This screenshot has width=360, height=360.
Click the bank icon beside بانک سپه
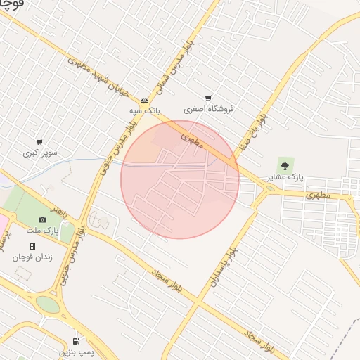tap(145, 100)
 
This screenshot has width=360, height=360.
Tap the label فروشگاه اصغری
tap(209, 109)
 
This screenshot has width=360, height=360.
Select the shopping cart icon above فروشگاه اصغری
tap(208, 98)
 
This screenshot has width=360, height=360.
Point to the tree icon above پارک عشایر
tap(285, 166)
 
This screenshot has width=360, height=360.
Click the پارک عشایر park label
tap(285, 178)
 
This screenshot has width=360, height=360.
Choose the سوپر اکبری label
tap(40, 152)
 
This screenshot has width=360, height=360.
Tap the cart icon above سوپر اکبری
tap(39, 142)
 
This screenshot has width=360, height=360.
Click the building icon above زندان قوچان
tap(32, 246)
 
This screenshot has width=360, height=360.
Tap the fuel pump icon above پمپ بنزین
tap(75, 342)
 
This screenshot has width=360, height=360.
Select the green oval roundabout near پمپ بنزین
tap(48, 304)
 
